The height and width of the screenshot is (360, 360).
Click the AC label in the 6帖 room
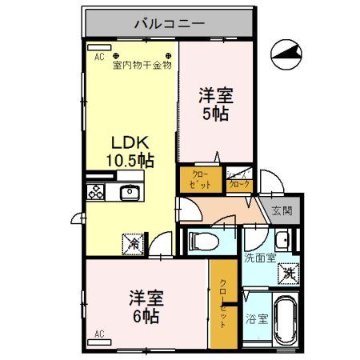[99, 333]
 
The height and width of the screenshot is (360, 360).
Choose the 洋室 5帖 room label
[215, 105]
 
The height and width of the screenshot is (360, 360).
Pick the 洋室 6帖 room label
[146, 307]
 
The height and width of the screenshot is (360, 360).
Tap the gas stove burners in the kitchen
[97, 192]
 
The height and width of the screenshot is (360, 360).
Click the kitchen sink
[129, 192]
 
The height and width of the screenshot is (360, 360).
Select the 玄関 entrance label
[282, 210]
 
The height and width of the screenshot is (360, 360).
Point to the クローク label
[239, 183]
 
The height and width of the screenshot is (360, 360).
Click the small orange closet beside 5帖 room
[196, 179]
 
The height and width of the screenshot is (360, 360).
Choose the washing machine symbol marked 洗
[288, 273]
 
